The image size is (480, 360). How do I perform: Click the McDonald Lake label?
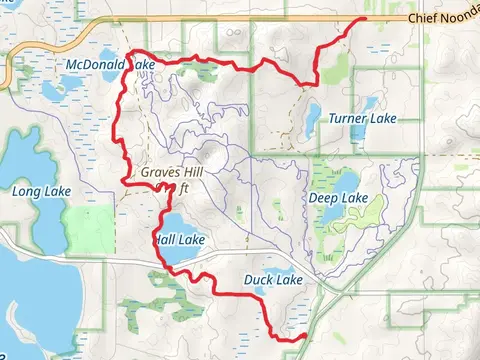point(109,65)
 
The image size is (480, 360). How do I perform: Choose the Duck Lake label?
point(272,281)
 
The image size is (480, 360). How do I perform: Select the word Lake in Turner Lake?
point(379,118)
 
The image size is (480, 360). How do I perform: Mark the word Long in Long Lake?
point(26,189)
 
